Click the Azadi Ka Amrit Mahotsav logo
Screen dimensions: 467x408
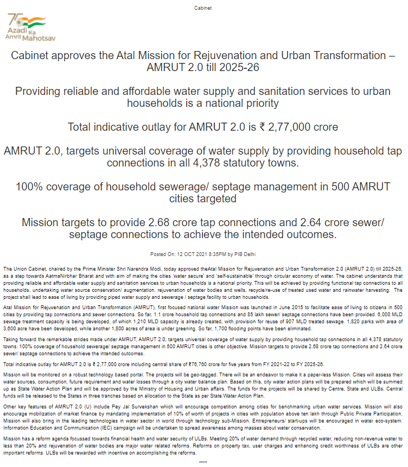pyautogui.click(x=25, y=27)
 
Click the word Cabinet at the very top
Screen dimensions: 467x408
pyautogui.click(x=203, y=8)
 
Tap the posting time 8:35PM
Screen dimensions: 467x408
pyautogui.click(x=218, y=254)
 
